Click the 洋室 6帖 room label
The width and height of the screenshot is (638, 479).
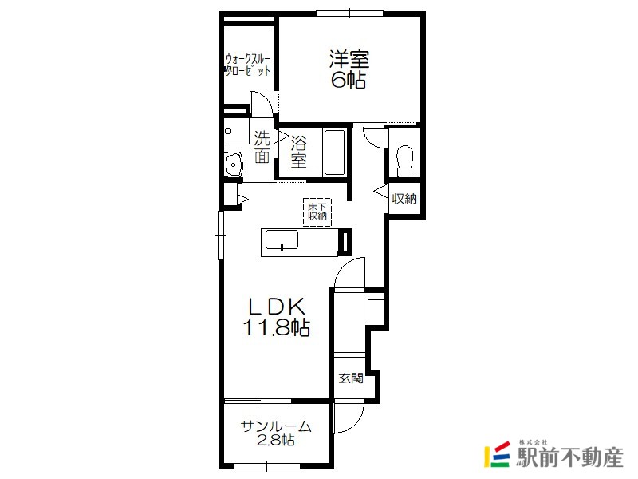pyautogui.click(x=349, y=69)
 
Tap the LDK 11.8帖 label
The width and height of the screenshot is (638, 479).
pyautogui.click(x=277, y=316)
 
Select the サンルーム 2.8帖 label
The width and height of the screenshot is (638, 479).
pyautogui.click(x=276, y=433)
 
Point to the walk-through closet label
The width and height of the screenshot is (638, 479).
pyautogui.click(x=248, y=65)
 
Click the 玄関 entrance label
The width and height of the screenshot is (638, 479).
pyautogui.click(x=351, y=378)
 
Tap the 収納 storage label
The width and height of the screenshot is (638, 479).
pyautogui.click(x=404, y=199)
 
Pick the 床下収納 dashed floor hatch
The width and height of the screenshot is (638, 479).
pyautogui.click(x=317, y=212)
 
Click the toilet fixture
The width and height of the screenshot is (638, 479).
pyautogui.click(x=404, y=161)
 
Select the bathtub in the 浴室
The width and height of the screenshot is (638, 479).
pyautogui.click(x=334, y=152)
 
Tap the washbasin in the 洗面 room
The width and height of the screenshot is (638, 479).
pyautogui.click(x=234, y=164)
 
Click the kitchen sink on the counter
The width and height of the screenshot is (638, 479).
pyautogui.click(x=282, y=240)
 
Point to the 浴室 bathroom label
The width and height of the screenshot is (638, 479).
pyautogui.click(x=298, y=152)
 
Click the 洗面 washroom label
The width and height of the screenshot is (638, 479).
pyautogui.click(x=262, y=147)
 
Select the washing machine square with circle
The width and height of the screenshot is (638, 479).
pyautogui.click(x=236, y=131)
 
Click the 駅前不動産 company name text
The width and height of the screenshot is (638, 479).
pyautogui.click(x=569, y=457)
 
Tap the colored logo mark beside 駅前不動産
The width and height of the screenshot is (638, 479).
pyautogui.click(x=497, y=454)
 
